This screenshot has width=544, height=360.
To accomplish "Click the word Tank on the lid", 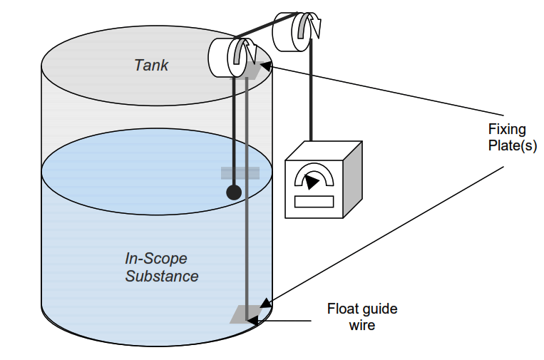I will pyautogui.click(x=151, y=65).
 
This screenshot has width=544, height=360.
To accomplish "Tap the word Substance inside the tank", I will pyautogui.click(x=162, y=276).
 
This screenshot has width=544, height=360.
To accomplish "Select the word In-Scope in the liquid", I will pyautogui.click(x=155, y=259).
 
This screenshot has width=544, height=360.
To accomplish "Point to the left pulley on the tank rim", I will pyautogui.click(x=228, y=57).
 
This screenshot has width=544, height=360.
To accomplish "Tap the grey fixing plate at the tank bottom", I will pyautogui.click(x=245, y=314).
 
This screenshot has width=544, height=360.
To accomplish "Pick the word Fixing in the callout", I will pyautogui.click(x=506, y=129).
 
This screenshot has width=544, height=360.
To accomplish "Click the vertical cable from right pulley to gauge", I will pyautogui.click(x=311, y=100).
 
